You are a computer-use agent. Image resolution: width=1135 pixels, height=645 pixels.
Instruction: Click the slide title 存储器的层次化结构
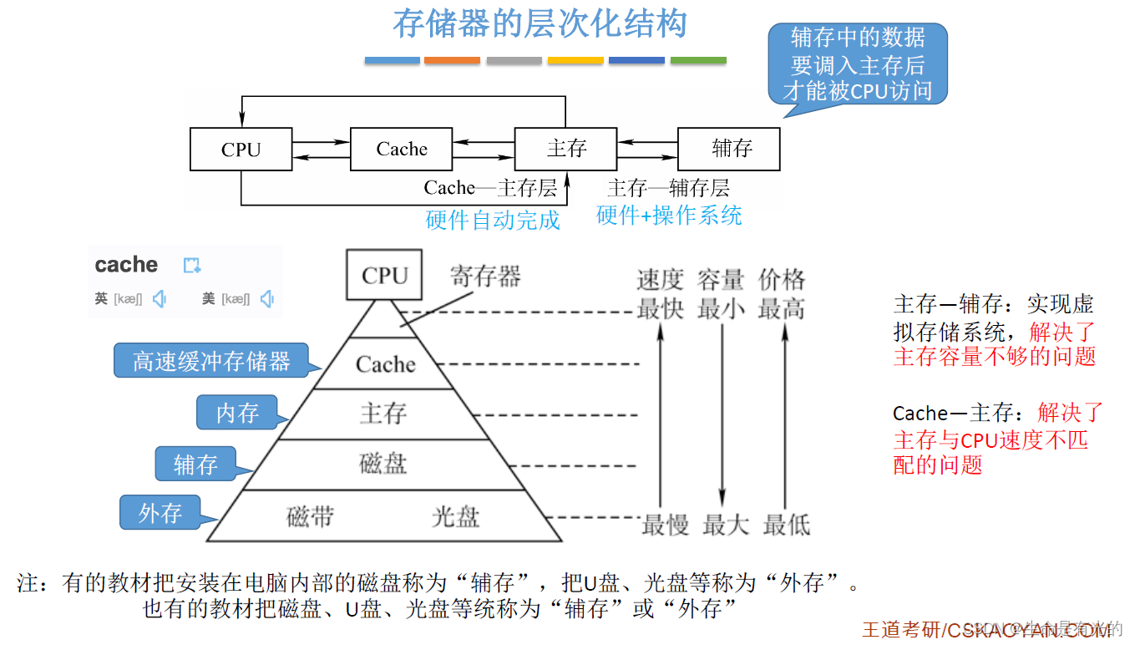click(x=540, y=24)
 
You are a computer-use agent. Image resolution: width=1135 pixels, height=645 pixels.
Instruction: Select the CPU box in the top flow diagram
click(x=241, y=150)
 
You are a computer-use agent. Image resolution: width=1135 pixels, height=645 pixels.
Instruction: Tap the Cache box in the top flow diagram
click(x=402, y=150)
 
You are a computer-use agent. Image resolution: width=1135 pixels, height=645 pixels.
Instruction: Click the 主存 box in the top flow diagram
click(x=566, y=150)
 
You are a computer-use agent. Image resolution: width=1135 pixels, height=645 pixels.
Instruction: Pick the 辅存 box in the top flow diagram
click(x=729, y=150)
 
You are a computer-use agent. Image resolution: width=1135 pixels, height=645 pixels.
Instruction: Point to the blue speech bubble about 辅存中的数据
click(x=858, y=64)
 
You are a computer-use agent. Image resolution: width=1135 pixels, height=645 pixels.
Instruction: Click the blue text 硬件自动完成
click(x=493, y=220)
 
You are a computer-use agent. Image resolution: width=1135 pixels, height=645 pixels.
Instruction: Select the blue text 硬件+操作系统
click(x=669, y=216)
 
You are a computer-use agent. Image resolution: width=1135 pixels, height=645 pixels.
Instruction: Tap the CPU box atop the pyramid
click(x=384, y=276)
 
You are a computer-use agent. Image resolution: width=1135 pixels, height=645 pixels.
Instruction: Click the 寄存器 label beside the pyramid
click(x=485, y=277)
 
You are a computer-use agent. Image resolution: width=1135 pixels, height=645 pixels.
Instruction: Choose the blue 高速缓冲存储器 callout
click(x=211, y=361)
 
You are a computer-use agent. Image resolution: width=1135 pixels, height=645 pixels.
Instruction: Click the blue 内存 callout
click(x=237, y=413)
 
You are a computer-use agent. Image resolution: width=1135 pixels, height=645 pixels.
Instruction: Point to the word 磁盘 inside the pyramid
click(x=383, y=464)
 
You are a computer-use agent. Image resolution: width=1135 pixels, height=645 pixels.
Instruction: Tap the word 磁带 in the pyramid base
click(x=310, y=517)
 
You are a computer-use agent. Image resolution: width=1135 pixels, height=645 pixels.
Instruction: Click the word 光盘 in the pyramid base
click(x=455, y=517)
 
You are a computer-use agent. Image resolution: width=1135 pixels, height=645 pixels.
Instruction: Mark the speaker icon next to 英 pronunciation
click(x=160, y=298)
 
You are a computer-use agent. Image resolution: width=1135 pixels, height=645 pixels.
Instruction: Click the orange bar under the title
click(x=452, y=60)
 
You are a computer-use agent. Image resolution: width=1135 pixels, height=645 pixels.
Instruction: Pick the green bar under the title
click(x=698, y=60)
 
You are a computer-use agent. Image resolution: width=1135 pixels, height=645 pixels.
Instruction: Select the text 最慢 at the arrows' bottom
click(x=665, y=526)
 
